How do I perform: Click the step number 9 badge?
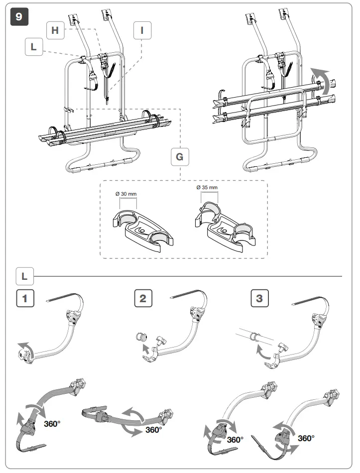(19, 15)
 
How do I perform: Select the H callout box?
(55, 30)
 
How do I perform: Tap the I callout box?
(142, 30)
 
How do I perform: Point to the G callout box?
(180, 157)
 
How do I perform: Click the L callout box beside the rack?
(33, 47)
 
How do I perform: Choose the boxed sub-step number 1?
(24, 299)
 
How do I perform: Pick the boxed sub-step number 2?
(143, 299)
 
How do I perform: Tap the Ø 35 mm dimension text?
(206, 187)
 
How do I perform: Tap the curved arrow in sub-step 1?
(24, 347)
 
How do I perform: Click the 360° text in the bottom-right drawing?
(306, 438)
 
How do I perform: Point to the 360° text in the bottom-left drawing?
(53, 424)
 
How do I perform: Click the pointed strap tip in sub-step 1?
(48, 300)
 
